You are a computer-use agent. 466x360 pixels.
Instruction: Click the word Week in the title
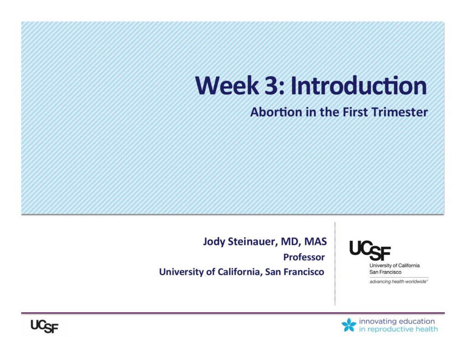(227, 86)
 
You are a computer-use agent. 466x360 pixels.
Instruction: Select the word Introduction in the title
(359, 85)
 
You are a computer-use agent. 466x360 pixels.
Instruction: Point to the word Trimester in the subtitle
(400, 112)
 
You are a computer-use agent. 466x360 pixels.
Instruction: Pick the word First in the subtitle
(355, 112)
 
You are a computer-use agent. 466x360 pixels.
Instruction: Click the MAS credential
(315, 241)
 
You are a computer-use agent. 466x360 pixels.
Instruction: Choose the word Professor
(304, 257)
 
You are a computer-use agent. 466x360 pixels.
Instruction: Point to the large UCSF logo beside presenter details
(370, 250)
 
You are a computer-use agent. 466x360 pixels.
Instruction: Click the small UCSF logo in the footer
(45, 326)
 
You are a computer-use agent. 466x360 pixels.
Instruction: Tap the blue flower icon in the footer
(349, 325)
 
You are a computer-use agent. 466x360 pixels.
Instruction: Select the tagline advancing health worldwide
(399, 282)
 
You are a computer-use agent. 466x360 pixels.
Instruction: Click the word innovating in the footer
(377, 321)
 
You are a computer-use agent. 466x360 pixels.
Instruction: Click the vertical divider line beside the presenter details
(335, 264)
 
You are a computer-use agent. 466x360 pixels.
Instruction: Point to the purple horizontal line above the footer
(233, 313)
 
